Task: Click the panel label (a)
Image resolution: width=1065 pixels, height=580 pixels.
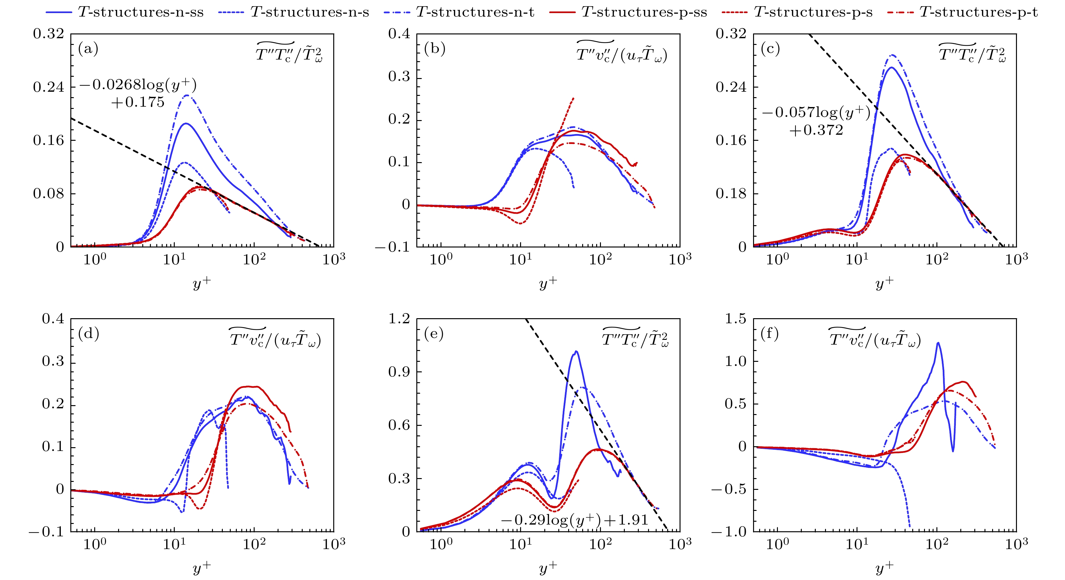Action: (x=88, y=49)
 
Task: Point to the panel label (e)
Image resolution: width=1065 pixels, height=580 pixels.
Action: (x=434, y=333)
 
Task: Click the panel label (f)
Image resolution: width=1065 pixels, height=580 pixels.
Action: (x=770, y=333)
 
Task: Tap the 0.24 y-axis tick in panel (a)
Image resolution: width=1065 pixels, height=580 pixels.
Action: (x=49, y=87)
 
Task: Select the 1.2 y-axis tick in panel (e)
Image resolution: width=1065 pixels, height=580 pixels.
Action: (x=399, y=319)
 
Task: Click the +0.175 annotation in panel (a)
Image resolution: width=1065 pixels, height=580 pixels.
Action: (x=138, y=102)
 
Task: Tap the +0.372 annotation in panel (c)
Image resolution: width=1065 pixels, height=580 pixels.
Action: (x=816, y=130)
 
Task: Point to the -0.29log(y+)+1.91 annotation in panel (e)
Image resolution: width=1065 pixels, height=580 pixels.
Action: (x=574, y=519)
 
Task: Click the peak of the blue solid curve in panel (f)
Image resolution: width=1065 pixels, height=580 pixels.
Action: (x=938, y=342)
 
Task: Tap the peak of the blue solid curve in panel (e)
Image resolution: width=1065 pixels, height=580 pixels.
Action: (x=576, y=352)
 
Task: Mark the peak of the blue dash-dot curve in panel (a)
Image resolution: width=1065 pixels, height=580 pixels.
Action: (x=187, y=95)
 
